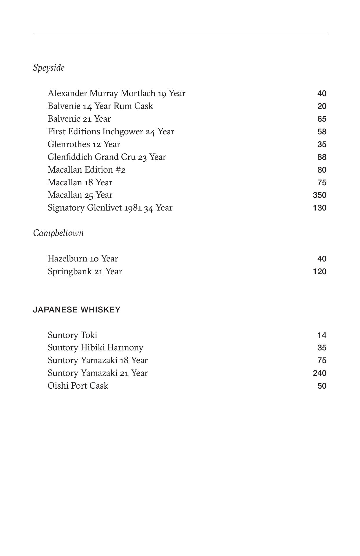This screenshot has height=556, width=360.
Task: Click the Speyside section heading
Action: coord(49,68)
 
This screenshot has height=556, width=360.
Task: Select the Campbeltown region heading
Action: coord(58,233)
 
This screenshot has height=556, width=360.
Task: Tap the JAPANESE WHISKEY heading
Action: coord(76,310)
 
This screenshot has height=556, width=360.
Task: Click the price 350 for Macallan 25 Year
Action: coord(319,195)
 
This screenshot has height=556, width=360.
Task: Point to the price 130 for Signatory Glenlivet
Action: coord(319,208)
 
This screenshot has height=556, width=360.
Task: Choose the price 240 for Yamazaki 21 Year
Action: coord(319,373)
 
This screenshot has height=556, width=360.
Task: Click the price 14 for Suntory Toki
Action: coord(322,335)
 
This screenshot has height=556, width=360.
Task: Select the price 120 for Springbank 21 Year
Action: coord(319,272)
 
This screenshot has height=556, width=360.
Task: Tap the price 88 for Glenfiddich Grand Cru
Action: coord(322,157)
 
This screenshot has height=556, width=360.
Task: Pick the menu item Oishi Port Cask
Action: coord(78,386)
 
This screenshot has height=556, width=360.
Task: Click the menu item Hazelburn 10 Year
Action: coord(83,259)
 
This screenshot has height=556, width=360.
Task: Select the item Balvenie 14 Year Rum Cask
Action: coord(100,106)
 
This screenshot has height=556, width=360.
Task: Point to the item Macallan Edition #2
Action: coord(87,170)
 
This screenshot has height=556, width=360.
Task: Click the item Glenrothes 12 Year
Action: coord(84,144)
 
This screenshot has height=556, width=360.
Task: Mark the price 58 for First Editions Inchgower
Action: coord(322,132)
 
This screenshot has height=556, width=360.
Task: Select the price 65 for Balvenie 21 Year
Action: coord(322,119)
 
